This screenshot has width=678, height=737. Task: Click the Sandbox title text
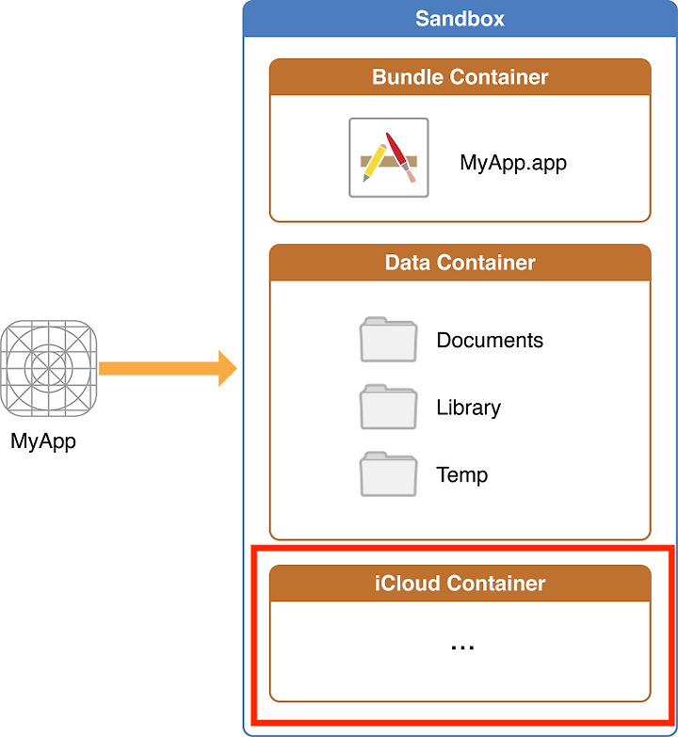[460, 19]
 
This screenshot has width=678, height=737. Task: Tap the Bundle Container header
[460, 77]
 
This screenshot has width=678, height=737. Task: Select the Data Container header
[460, 263]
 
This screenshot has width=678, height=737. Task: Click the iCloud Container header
[460, 584]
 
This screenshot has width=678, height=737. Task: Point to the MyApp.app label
[513, 163]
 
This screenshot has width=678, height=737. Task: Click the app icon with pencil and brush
[389, 157]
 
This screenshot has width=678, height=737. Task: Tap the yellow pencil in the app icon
[374, 163]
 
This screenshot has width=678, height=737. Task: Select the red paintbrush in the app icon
[400, 157]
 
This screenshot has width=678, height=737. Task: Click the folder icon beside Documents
[388, 340]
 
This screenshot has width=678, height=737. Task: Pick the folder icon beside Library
[388, 407]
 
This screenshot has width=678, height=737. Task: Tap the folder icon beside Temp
[388, 474]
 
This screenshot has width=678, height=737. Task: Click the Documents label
[490, 341]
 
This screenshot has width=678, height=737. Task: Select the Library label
[468, 408]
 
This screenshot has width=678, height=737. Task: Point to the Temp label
[461, 475]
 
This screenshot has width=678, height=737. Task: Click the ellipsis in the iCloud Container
[462, 648]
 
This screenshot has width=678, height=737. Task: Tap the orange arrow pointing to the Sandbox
[168, 369]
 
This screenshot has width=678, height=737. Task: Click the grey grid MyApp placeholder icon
[48, 369]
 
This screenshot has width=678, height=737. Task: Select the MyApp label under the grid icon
[43, 441]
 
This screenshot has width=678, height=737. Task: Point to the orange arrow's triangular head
[228, 369]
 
